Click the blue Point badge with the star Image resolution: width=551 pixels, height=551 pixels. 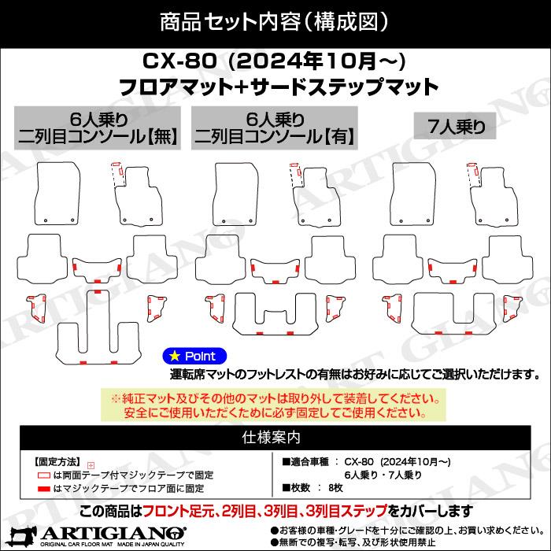pyautogui.click(x=194, y=357)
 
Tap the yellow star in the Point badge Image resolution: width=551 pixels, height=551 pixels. pyautogui.click(x=174, y=357)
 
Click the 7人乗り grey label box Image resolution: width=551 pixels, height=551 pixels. pyautogui.click(x=455, y=126)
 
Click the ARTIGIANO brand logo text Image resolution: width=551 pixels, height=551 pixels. pyautogui.click(x=113, y=534)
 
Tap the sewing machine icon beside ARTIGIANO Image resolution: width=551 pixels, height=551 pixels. pyautogui.click(x=23, y=536)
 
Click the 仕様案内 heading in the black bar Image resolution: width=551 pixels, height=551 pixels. pyautogui.click(x=272, y=438)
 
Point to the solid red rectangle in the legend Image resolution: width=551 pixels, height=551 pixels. pyautogui.click(x=43, y=489)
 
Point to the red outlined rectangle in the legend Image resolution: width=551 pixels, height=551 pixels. pyautogui.click(x=43, y=475)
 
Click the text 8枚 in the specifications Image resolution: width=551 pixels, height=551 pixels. pyautogui.click(x=335, y=488)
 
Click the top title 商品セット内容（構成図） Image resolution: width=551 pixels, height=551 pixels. pyautogui.click(x=275, y=22)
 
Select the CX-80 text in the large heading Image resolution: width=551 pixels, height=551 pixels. pyautogui.click(x=179, y=61)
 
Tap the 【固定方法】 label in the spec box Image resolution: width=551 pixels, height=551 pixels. pyautogui.click(x=57, y=461)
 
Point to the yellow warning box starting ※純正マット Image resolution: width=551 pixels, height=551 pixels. pyautogui.click(x=273, y=405)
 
